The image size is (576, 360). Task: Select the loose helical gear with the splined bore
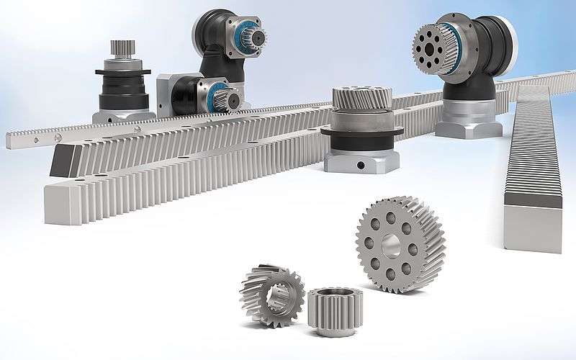click(x=271, y=294)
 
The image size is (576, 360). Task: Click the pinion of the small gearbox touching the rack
click(x=225, y=97)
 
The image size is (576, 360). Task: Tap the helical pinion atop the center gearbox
click(x=362, y=97)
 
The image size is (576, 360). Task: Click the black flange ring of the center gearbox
click(x=360, y=131)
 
